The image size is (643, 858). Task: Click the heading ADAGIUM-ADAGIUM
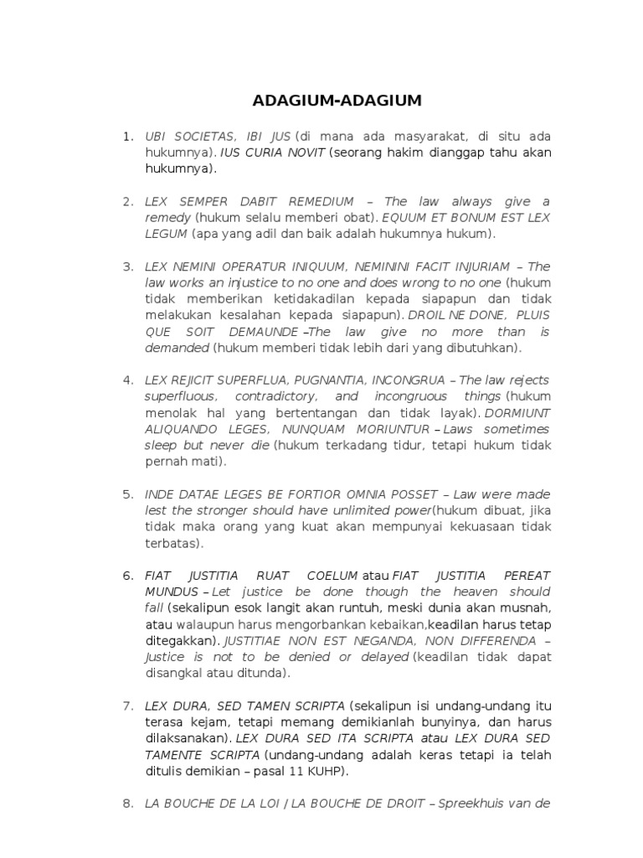click(337, 101)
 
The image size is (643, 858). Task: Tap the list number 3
click(128, 266)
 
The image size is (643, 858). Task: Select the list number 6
click(128, 576)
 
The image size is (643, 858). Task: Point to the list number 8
click(128, 803)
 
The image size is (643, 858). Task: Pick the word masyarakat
click(431, 137)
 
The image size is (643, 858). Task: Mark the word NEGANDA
click(399, 641)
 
